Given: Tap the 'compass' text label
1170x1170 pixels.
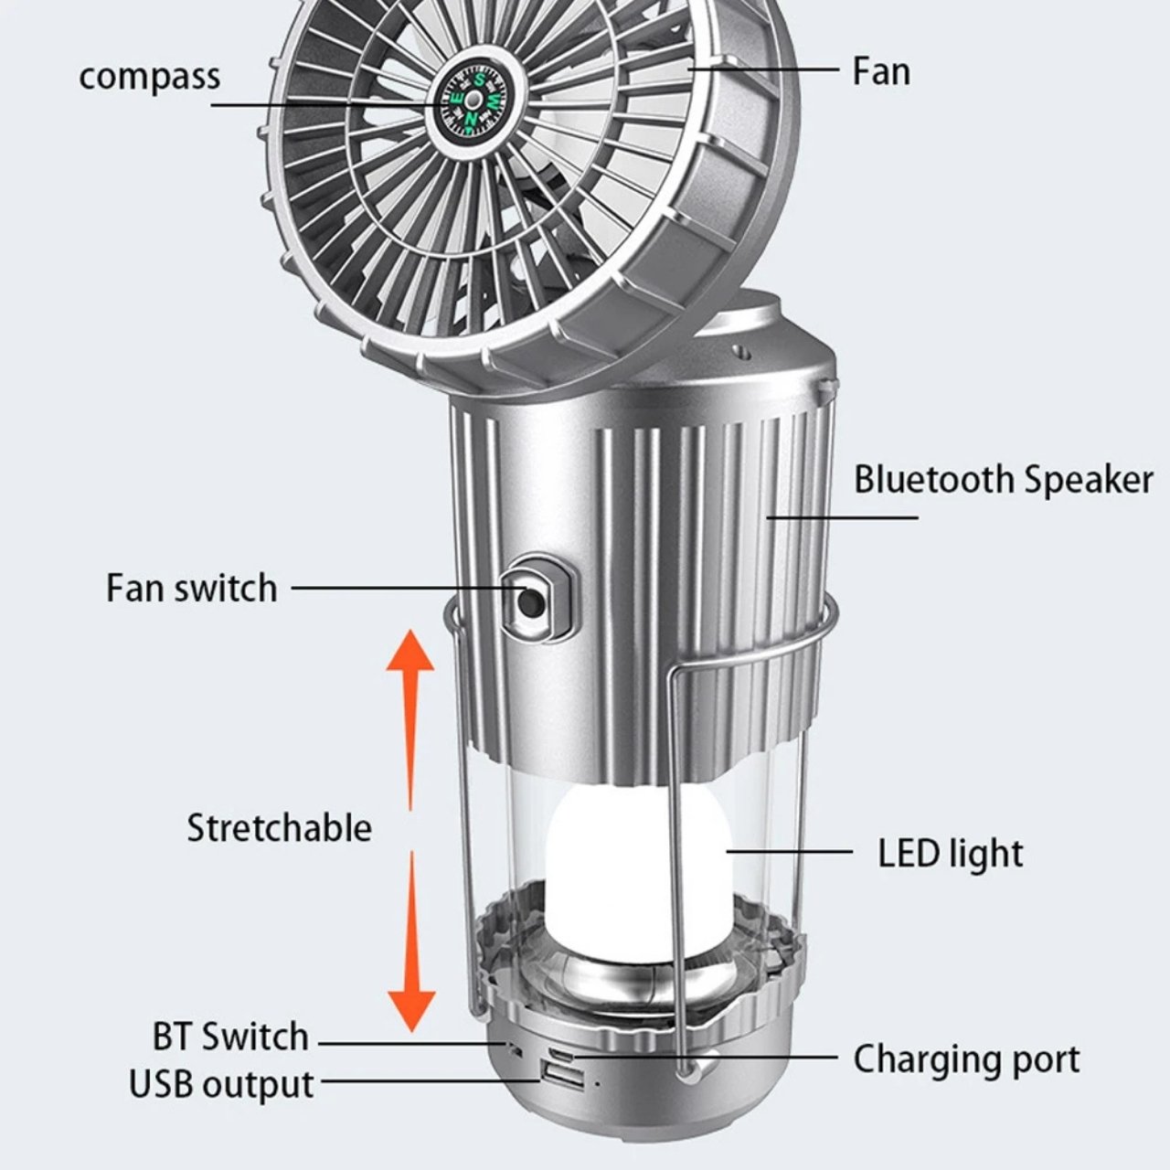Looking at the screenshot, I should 149,76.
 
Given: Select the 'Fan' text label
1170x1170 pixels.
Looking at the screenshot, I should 880,71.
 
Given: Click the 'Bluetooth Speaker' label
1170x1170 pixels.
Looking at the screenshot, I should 1003,480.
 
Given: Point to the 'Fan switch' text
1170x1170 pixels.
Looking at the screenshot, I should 191,588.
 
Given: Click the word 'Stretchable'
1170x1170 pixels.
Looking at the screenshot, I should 279,827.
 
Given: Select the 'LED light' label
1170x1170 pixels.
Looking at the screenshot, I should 950,853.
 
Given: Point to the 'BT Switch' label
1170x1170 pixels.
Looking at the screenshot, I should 230,1037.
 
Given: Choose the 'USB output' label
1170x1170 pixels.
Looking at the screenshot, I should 221,1084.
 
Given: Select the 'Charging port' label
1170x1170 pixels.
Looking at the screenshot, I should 966,1059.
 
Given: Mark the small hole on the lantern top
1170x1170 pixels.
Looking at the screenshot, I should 741,348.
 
